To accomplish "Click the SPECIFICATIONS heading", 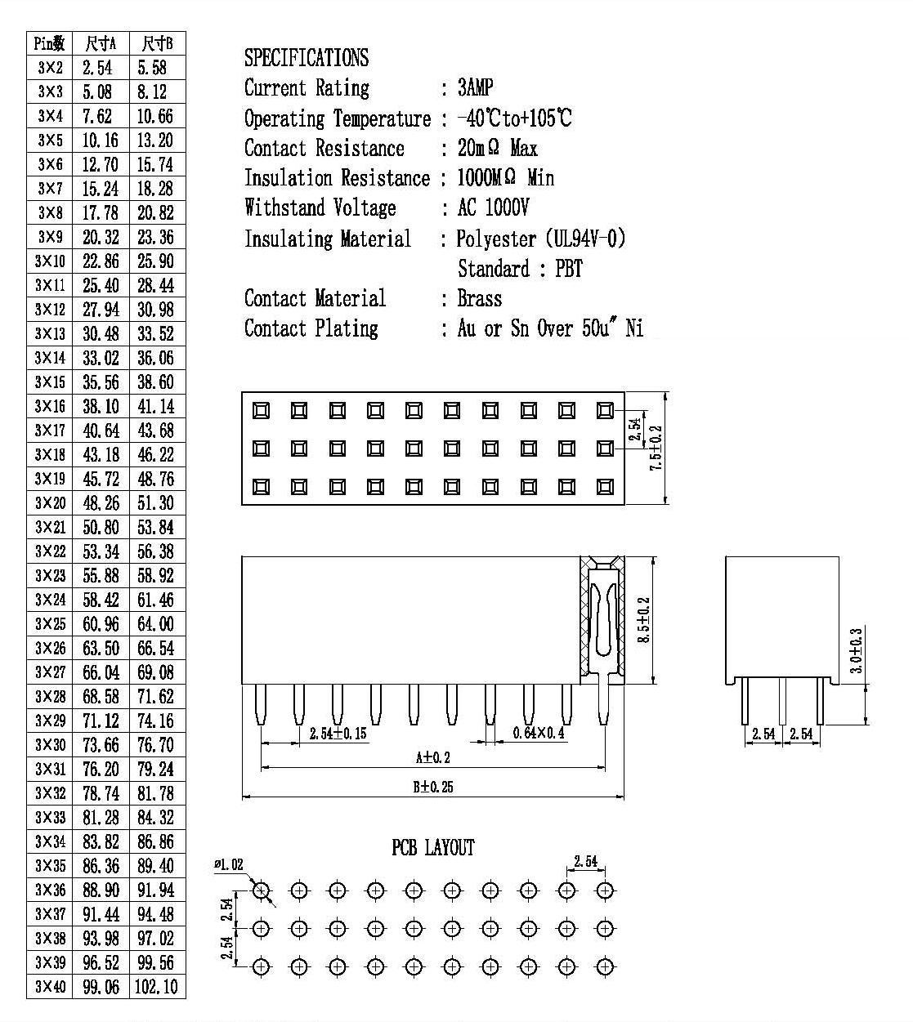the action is point(307,57).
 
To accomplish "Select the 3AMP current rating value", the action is point(475,87).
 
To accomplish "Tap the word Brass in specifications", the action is point(480,298).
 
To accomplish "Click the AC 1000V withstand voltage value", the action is point(493,208).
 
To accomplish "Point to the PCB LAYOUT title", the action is point(433,847).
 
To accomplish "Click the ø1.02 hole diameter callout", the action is point(229,864).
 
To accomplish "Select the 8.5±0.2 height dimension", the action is point(644,620).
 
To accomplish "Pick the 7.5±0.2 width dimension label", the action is point(656,449).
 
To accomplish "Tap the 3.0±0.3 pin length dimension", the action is point(856,651).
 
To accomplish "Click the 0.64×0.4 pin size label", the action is point(539,733).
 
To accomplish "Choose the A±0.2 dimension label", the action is point(432,757).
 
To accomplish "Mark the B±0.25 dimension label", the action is point(433,787).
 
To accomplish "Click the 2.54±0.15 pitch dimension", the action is point(338,733).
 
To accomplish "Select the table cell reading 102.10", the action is point(156,986).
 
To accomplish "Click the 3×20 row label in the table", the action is point(50,503).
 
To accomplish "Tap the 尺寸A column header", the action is point(101,44).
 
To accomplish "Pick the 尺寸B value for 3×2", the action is point(152,68).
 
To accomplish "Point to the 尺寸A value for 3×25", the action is point(101,623).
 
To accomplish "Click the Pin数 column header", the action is point(50,44).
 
